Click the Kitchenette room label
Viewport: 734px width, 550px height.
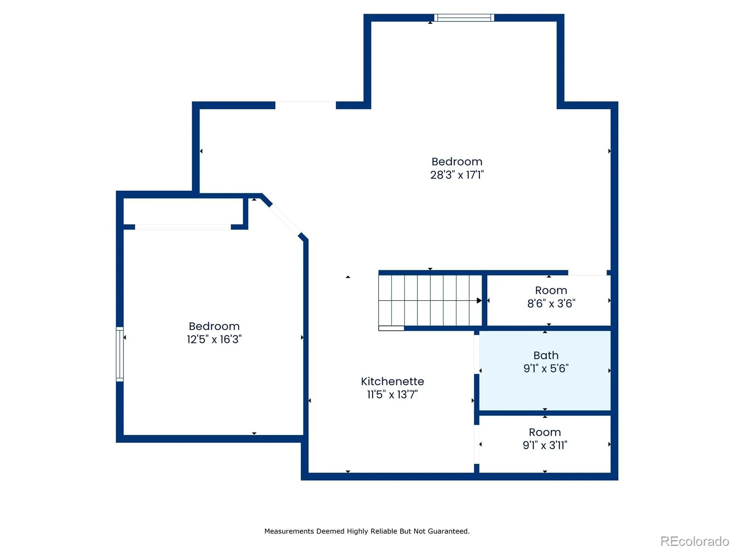(x=392, y=381)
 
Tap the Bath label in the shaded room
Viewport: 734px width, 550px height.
(x=546, y=355)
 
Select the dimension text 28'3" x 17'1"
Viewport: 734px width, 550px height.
(x=457, y=175)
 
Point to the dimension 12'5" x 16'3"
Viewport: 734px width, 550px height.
(x=214, y=339)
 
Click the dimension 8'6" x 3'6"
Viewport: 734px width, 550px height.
(x=551, y=303)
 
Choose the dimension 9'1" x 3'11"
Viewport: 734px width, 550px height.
(x=545, y=445)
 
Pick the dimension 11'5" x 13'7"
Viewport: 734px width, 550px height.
(x=392, y=394)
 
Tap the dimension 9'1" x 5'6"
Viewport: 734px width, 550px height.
(x=546, y=368)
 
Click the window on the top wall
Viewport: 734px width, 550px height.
(x=464, y=18)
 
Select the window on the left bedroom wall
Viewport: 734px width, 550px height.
(x=120, y=354)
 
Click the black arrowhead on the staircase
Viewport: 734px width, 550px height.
(x=479, y=301)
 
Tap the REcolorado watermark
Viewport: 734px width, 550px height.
(x=695, y=541)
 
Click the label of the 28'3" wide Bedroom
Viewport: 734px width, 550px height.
(x=457, y=162)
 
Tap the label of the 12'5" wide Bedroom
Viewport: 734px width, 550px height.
(x=214, y=326)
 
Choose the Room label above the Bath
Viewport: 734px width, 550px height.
(x=551, y=290)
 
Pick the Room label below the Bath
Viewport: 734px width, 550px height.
(x=545, y=432)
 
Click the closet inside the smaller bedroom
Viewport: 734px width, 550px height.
(x=183, y=211)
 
